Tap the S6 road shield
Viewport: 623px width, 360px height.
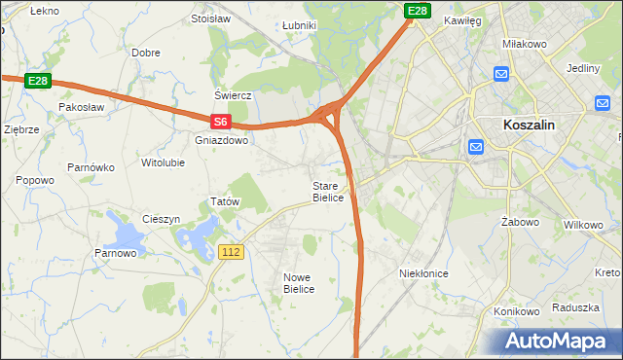(x=221, y=122)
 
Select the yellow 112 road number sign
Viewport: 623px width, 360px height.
(x=231, y=252)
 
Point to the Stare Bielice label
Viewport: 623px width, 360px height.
(x=327, y=192)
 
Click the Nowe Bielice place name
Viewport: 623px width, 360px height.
(x=299, y=283)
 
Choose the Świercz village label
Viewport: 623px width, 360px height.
(x=234, y=95)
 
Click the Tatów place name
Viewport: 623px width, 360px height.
(x=225, y=201)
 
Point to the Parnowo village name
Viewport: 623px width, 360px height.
(x=115, y=254)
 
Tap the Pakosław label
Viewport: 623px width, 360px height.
(x=81, y=105)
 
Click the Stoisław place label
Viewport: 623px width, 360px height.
(x=210, y=18)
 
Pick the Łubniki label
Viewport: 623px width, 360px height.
(x=298, y=25)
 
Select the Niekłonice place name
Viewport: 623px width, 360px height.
(x=423, y=273)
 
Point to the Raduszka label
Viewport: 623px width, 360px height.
(x=574, y=306)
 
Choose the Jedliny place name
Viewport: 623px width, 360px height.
(x=582, y=68)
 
